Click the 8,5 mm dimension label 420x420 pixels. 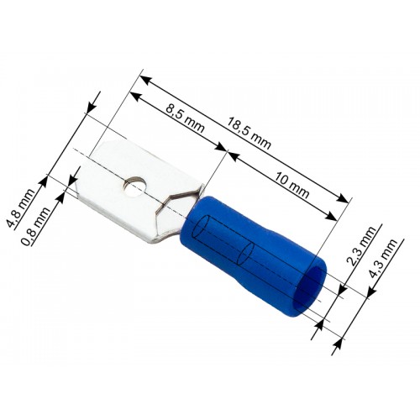pyautogui.click(x=185, y=118)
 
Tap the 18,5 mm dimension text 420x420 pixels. pyautogui.click(x=249, y=134)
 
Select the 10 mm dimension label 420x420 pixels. pyautogui.click(x=292, y=185)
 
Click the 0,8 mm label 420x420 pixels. pyautogui.click(x=36, y=226)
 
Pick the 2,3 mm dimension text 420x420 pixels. pyautogui.click(x=361, y=245)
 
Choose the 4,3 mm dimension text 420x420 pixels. pyautogui.click(x=383, y=258)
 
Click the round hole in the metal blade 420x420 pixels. pyautogui.click(x=134, y=186)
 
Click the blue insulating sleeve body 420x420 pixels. pyautogui.click(x=252, y=246)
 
